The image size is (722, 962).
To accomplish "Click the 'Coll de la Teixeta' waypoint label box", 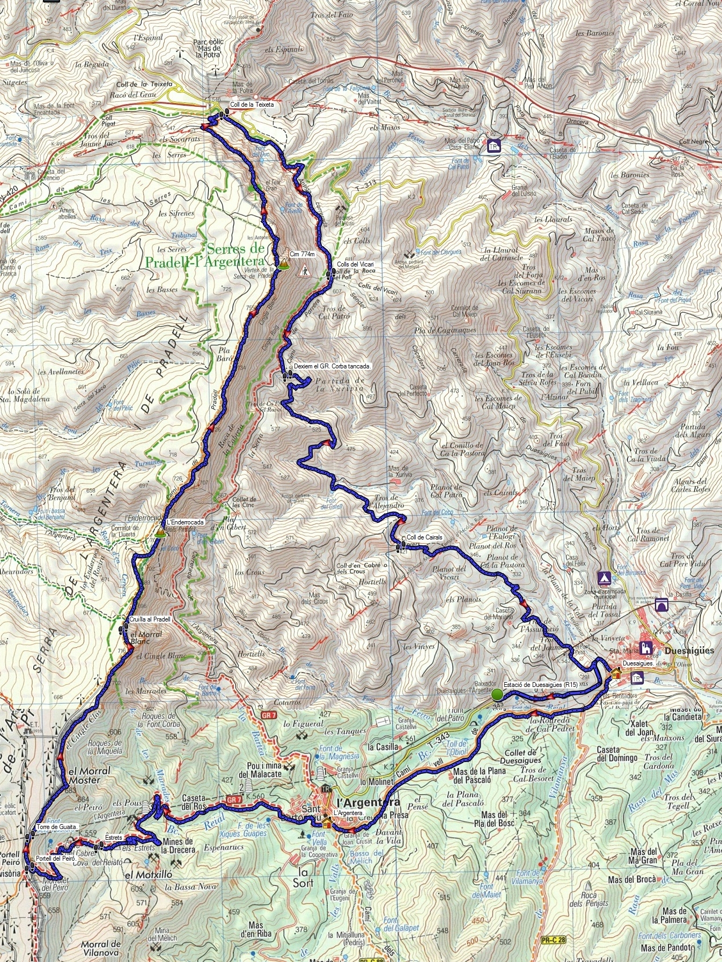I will [x=252, y=105].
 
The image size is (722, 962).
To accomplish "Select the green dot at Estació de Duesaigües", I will [x=497, y=694].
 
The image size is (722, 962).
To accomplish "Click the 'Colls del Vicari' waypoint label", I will [x=355, y=264].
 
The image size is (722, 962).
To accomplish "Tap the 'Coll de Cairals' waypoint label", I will [x=424, y=537].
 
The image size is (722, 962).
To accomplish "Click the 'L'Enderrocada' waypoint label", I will [x=185, y=522].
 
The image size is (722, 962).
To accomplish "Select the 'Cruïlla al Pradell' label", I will [x=150, y=619].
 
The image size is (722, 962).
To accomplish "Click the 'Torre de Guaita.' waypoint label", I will [x=57, y=827].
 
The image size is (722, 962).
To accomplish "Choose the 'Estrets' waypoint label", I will [x=114, y=837].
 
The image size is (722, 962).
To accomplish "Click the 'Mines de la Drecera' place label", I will [x=178, y=846].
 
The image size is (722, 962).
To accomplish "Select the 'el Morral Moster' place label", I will [x=90, y=775].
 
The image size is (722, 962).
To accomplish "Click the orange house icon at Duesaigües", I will [x=616, y=673].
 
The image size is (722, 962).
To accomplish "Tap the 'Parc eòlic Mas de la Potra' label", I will [x=208, y=48].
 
